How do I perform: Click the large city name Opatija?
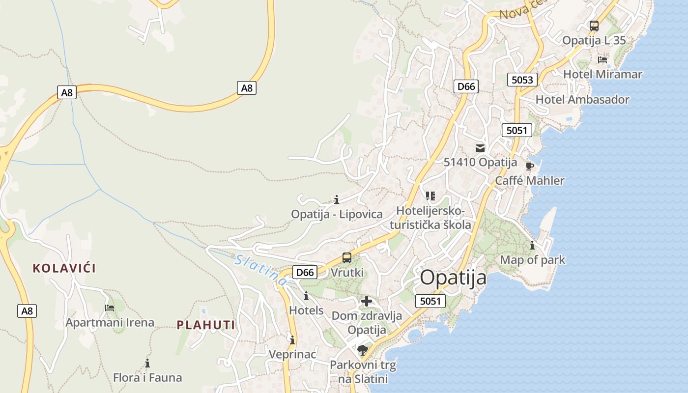coord(453,278)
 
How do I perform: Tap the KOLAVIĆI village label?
coord(64,268)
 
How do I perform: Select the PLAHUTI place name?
coord(206,325)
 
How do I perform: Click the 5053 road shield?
coord(522,80)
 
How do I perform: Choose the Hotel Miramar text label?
coord(602,74)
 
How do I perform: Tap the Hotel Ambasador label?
coord(582,100)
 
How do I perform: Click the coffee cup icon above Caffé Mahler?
coord(529,166)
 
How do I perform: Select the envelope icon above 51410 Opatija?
coord(480,148)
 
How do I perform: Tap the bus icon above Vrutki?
coord(347,257)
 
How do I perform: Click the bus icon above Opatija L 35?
coord(594,26)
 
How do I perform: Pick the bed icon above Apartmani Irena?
coord(110,308)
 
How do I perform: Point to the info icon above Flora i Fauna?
coord(147,364)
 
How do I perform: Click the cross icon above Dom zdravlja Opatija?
coord(367,301)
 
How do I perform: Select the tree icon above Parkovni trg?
coord(363,350)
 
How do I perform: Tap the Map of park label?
coord(533,260)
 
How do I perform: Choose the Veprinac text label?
coord(292,354)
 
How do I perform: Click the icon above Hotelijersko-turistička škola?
coord(430,196)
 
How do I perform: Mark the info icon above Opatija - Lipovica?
coord(337,199)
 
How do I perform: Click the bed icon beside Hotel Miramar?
coord(602,60)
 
